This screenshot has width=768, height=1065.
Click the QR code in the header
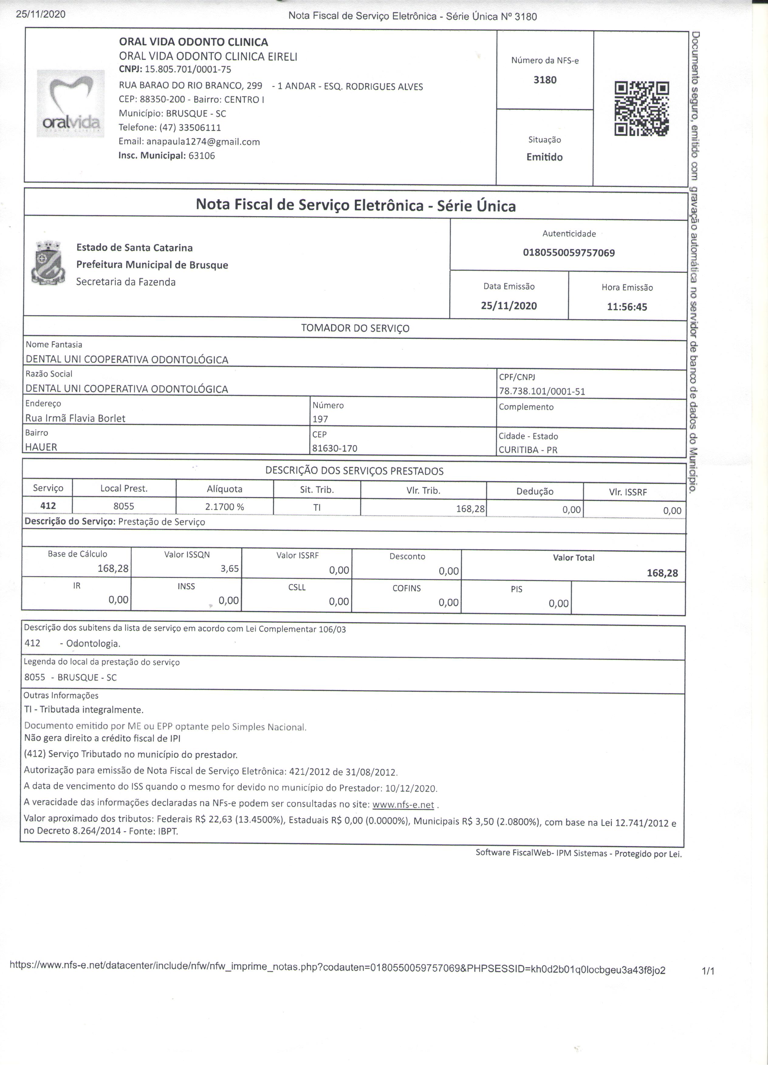tap(642, 109)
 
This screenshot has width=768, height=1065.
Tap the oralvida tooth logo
tap(70, 103)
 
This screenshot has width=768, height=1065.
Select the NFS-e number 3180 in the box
tap(545, 80)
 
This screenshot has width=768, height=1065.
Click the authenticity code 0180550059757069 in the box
tap(569, 253)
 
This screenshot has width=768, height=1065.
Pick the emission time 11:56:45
tap(627, 307)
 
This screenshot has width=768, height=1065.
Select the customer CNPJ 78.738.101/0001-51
tap(542, 391)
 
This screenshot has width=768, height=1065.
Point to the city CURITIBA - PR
tap(528, 450)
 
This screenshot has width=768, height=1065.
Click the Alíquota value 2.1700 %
tap(225, 507)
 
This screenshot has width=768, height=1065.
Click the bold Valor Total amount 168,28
tap(662, 573)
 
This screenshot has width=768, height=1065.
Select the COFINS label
tap(407, 588)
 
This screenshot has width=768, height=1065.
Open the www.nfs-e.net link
tap(403, 804)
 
